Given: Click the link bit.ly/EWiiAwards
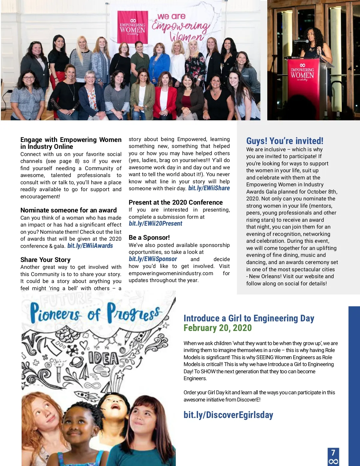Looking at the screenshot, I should click(90, 246).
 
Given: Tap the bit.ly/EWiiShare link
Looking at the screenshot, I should click(209, 188).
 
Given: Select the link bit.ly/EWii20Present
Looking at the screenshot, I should click(155, 224).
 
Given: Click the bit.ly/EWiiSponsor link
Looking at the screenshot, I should click(153, 259).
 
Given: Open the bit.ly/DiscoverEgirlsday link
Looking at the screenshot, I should click(228, 415).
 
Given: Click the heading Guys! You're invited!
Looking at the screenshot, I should click(285, 141).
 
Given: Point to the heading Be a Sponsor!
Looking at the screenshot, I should click(149, 237).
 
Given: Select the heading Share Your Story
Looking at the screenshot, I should click(45, 260).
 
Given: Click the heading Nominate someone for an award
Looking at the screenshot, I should click(68, 210).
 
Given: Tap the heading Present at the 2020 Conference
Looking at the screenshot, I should click(175, 202).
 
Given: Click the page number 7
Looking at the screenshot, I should click(333, 452).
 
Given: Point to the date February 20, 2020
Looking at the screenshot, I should click(217, 328).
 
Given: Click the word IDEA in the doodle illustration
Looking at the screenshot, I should click(103, 358).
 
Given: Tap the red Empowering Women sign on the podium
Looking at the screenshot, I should click(302, 72).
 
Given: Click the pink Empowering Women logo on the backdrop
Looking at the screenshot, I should click(132, 27).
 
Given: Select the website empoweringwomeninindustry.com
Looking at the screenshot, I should click(171, 273).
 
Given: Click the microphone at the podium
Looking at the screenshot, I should click(306, 41).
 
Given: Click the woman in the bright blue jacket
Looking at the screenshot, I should click(159, 63).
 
